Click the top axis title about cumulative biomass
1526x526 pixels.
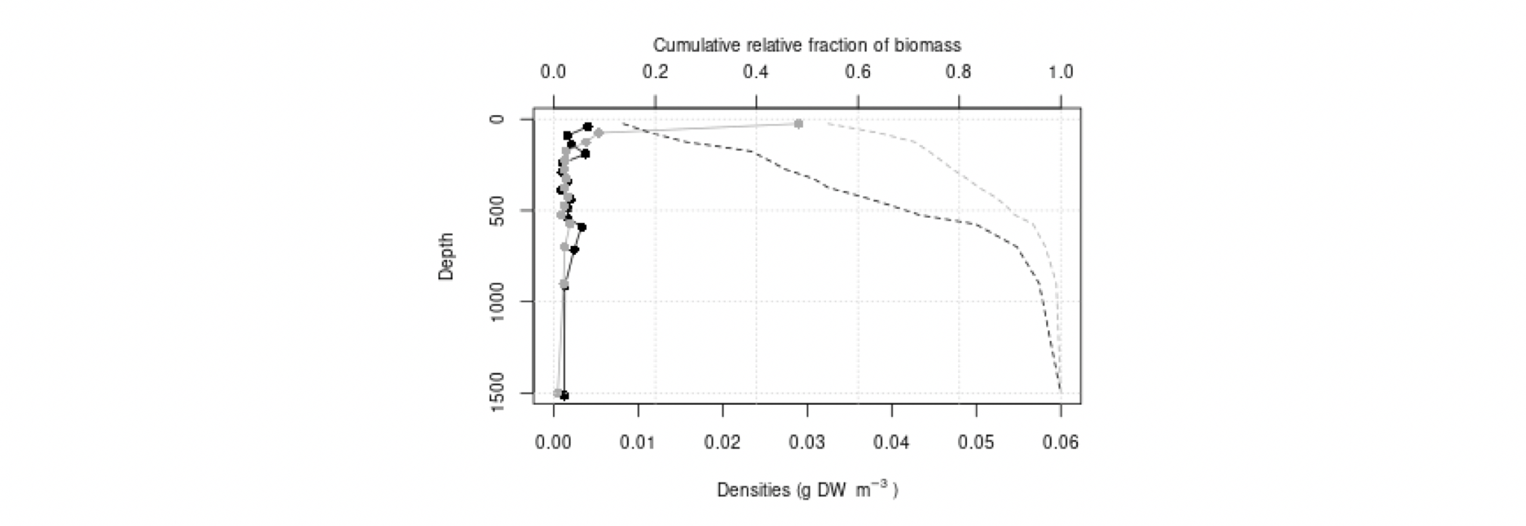806,45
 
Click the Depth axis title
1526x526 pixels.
446,256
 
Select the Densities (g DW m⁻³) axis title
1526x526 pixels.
806,490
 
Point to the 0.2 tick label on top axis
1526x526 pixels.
655,72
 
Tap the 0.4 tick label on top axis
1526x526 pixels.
756,72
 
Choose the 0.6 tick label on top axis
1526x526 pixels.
858,72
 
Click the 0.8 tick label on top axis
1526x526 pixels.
960,72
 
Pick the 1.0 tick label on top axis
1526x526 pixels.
1060,72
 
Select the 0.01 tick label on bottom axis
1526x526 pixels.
638,443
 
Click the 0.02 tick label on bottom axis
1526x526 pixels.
723,443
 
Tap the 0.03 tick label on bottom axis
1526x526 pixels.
808,443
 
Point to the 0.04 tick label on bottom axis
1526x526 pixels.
892,443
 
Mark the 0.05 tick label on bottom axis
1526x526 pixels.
976,443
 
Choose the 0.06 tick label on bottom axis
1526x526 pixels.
1060,443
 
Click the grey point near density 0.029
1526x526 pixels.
798,123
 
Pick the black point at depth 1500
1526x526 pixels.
564,395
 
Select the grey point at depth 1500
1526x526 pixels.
557,392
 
